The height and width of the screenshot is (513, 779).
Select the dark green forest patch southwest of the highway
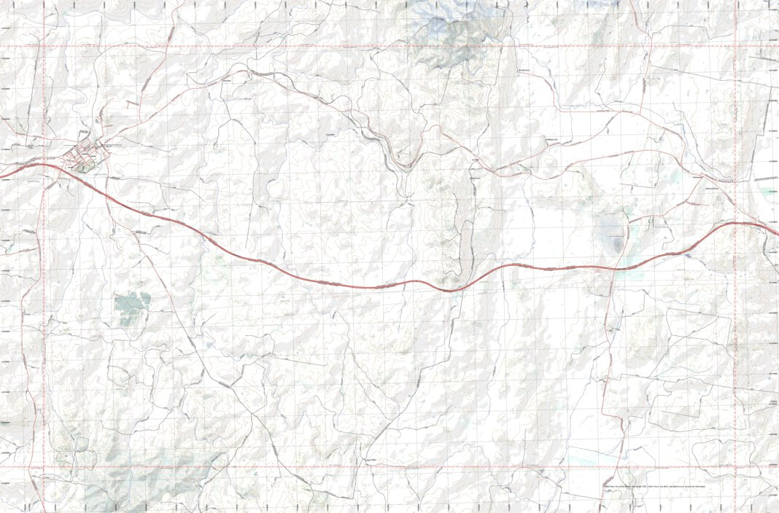coord(131,307)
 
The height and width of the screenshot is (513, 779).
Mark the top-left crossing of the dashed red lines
coord(44,46)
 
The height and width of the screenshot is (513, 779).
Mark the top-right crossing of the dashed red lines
coord(735,46)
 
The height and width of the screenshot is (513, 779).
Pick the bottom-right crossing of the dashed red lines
coord(735,466)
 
